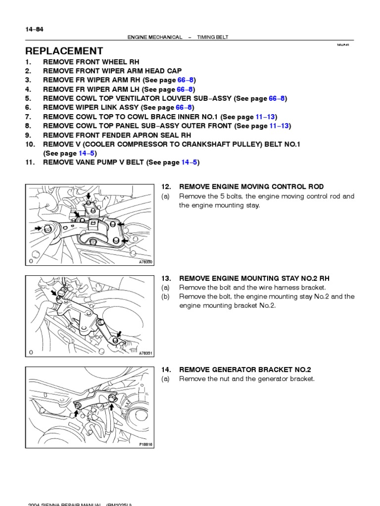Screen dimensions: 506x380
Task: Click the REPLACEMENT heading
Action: click(64, 51)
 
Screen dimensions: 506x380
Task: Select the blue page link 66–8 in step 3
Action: click(186, 81)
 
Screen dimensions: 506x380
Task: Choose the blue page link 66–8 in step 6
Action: click(184, 107)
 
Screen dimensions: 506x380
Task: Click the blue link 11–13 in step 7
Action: click(267, 117)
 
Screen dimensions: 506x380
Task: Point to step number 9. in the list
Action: click(28, 135)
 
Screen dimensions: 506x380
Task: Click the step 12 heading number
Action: click(166, 187)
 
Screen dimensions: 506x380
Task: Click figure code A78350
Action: click(146, 261)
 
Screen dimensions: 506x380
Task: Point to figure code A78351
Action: click(146, 353)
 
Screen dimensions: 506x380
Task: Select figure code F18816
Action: click(146, 444)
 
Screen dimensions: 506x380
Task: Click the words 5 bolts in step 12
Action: click(225, 196)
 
